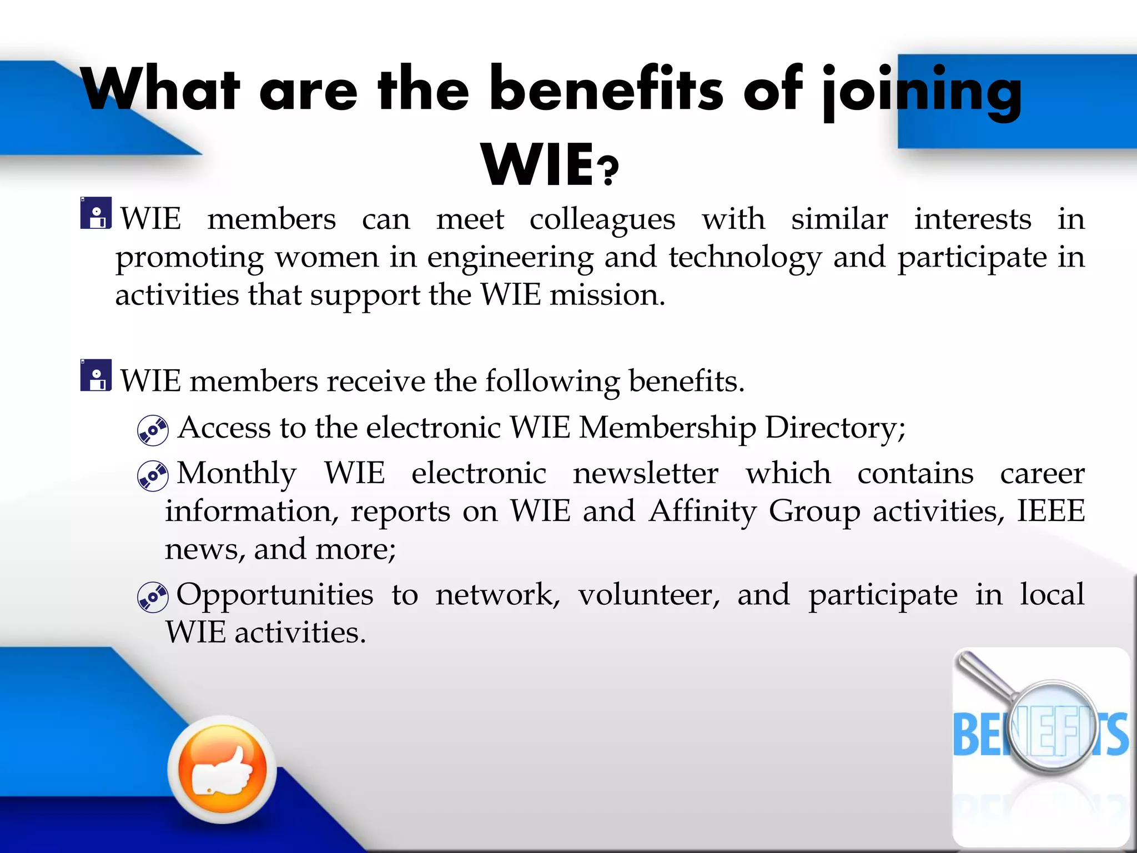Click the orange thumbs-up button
[x=222, y=769]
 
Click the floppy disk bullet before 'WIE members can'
[x=95, y=214]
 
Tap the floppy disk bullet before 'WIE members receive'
[x=95, y=376]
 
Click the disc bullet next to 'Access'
[x=153, y=430]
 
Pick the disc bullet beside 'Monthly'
[x=153, y=476]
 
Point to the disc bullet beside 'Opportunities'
[x=153, y=597]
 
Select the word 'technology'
[x=744, y=258]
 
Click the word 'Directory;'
[x=835, y=428]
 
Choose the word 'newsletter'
[x=645, y=474]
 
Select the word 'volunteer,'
[x=649, y=595]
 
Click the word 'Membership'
[x=667, y=428]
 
